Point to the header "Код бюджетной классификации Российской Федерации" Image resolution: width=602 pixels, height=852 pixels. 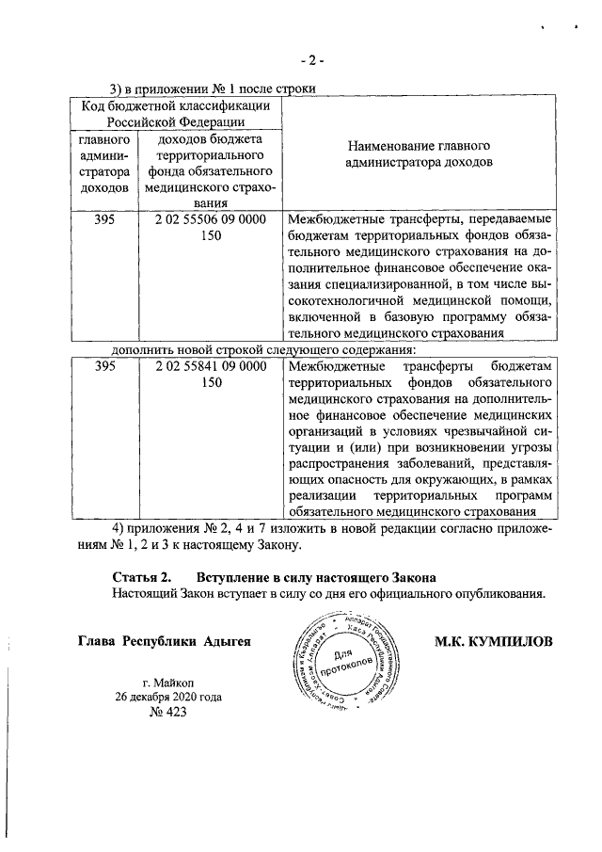point(176,113)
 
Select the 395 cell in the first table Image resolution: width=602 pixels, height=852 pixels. point(105,218)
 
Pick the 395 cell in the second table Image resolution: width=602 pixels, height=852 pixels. point(105,365)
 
